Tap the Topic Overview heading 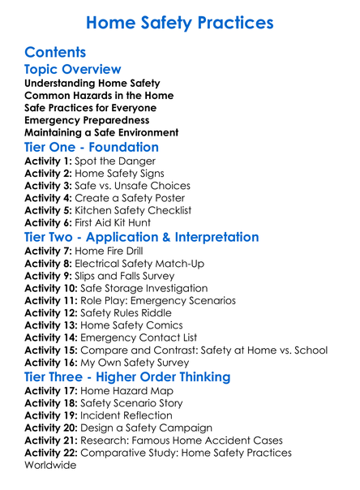click(73, 70)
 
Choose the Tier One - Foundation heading click(92, 148)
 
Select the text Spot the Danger click(113, 161)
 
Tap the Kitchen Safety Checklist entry click(137, 210)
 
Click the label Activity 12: click(52, 313)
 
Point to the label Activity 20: click(52, 428)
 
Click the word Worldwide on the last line click(50, 466)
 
